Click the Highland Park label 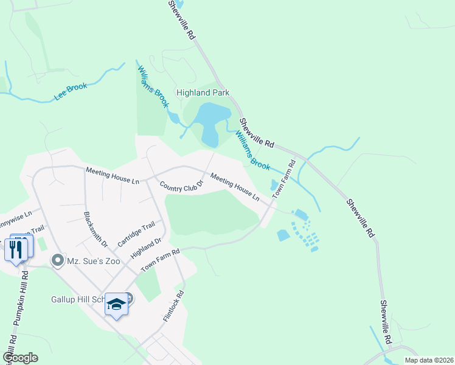tap(203, 93)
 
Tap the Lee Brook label tap(71, 92)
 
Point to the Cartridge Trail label tap(133, 234)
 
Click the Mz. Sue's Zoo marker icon tap(58, 261)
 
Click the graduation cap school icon tap(117, 304)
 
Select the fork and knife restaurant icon tap(16, 249)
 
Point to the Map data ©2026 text tap(428, 360)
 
